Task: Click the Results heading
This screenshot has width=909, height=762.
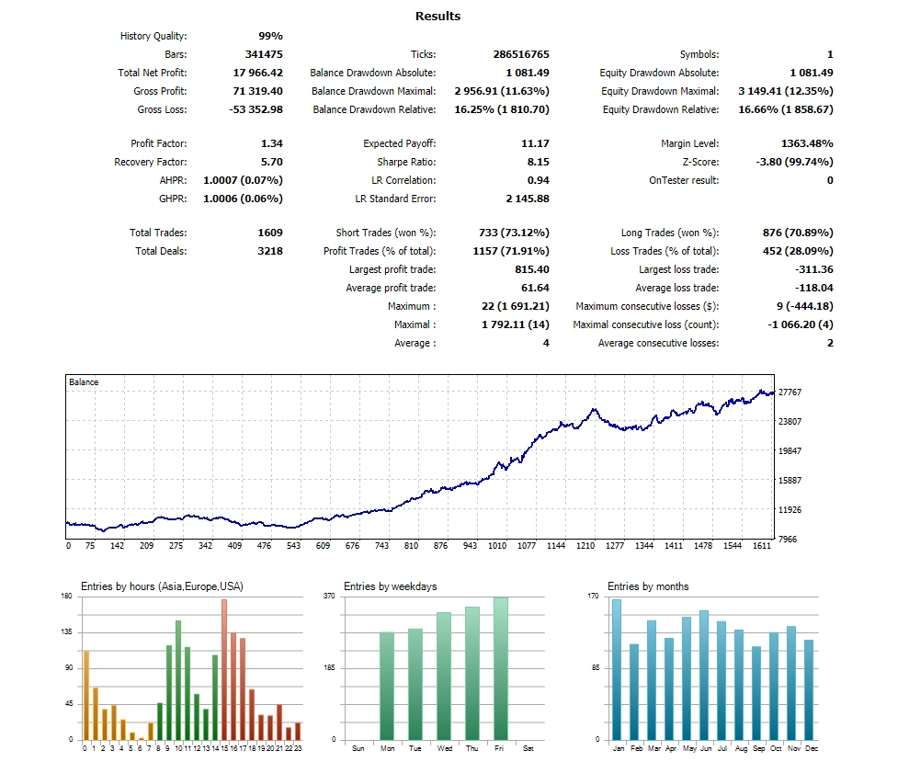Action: click(x=437, y=16)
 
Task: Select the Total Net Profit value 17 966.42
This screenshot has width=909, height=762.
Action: click(x=258, y=73)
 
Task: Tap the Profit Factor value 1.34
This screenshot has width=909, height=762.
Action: click(x=271, y=143)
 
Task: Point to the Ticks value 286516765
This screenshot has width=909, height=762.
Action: click(x=520, y=54)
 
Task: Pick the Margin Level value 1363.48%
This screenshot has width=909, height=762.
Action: click(x=806, y=143)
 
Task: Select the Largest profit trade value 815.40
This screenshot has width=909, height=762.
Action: click(x=532, y=269)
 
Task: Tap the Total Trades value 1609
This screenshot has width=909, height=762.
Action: click(x=270, y=233)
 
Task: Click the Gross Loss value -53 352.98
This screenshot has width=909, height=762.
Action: click(x=256, y=109)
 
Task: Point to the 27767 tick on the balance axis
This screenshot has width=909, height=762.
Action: click(x=790, y=392)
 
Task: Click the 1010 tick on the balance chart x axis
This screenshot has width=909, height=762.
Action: click(x=497, y=546)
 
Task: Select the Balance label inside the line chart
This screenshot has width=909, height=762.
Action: click(x=84, y=382)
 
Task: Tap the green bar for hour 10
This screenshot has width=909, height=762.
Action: click(x=177, y=680)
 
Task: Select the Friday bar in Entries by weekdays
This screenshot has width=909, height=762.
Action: click(x=500, y=668)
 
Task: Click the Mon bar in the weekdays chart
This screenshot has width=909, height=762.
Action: click(x=386, y=686)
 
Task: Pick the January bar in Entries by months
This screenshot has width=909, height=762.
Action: click(x=617, y=669)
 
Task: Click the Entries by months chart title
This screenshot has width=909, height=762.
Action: click(x=648, y=586)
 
